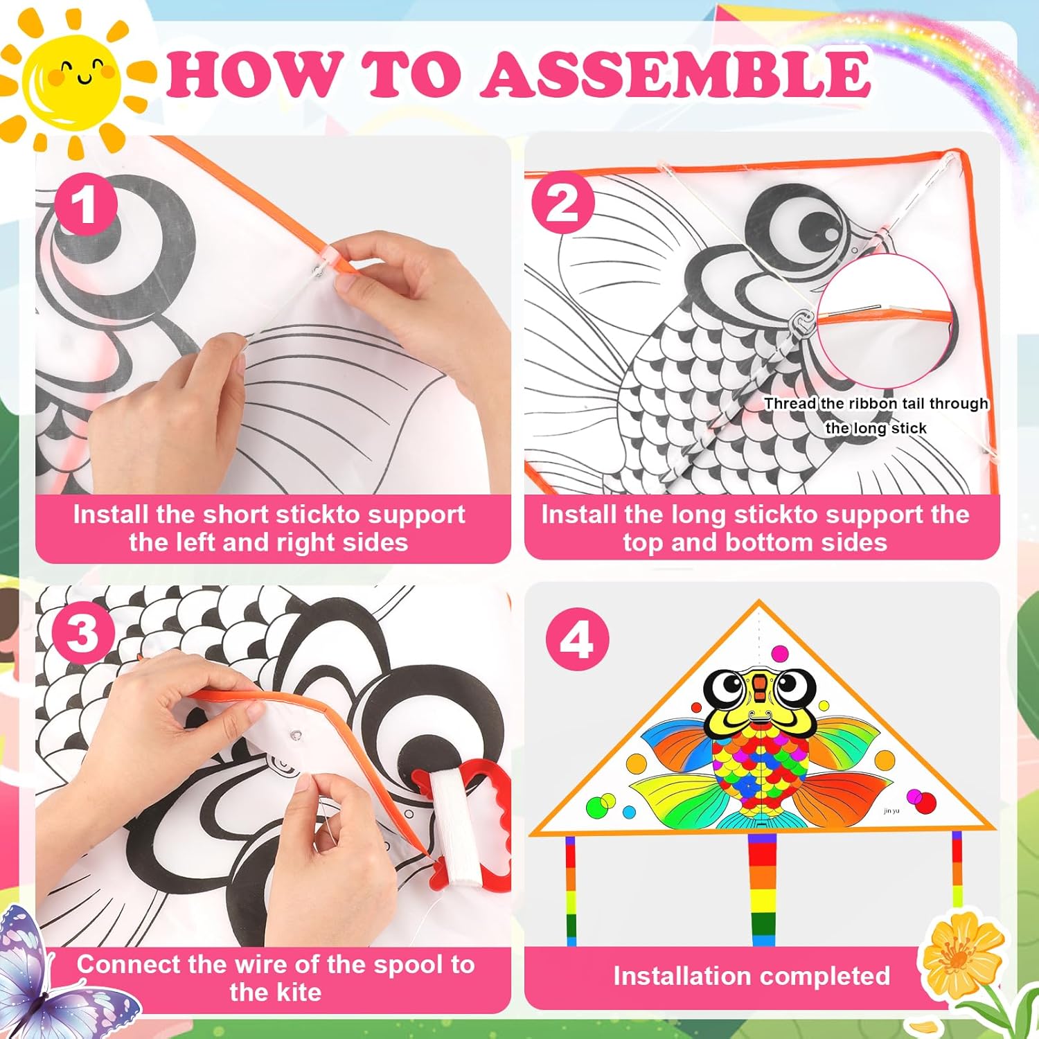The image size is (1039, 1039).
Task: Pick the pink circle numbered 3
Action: coord(84,632)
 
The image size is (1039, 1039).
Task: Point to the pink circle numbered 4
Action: coord(578,639)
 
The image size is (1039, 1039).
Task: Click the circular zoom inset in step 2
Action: coord(885,321)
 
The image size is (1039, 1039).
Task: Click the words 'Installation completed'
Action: coord(752,976)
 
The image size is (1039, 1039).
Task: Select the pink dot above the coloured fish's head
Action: coord(780,653)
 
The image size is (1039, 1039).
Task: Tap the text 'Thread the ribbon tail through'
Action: coord(876,404)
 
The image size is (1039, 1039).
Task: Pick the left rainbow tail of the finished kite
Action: coord(571,889)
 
